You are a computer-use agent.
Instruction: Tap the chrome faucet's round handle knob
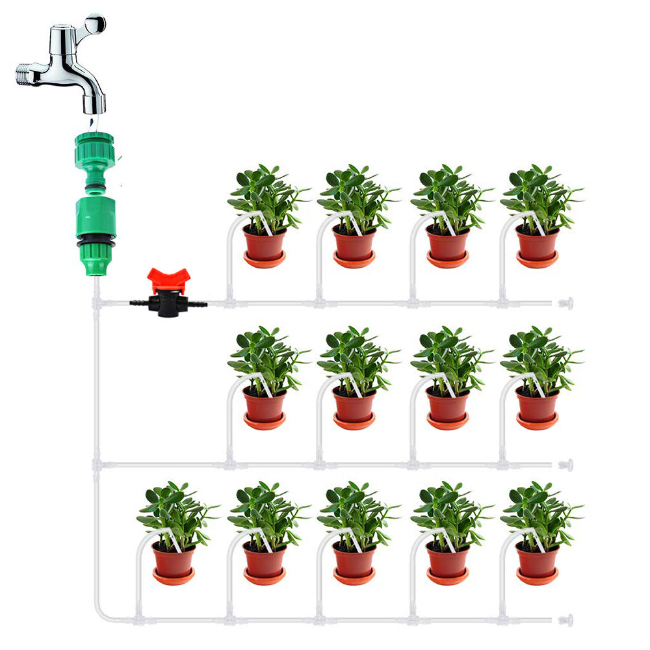coord(95,24)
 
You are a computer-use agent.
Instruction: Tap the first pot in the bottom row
coord(174,560)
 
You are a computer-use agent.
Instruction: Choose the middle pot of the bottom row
coord(354,560)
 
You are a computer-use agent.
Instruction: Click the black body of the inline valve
coord(168,304)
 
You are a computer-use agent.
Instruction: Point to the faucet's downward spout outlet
coord(95,104)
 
